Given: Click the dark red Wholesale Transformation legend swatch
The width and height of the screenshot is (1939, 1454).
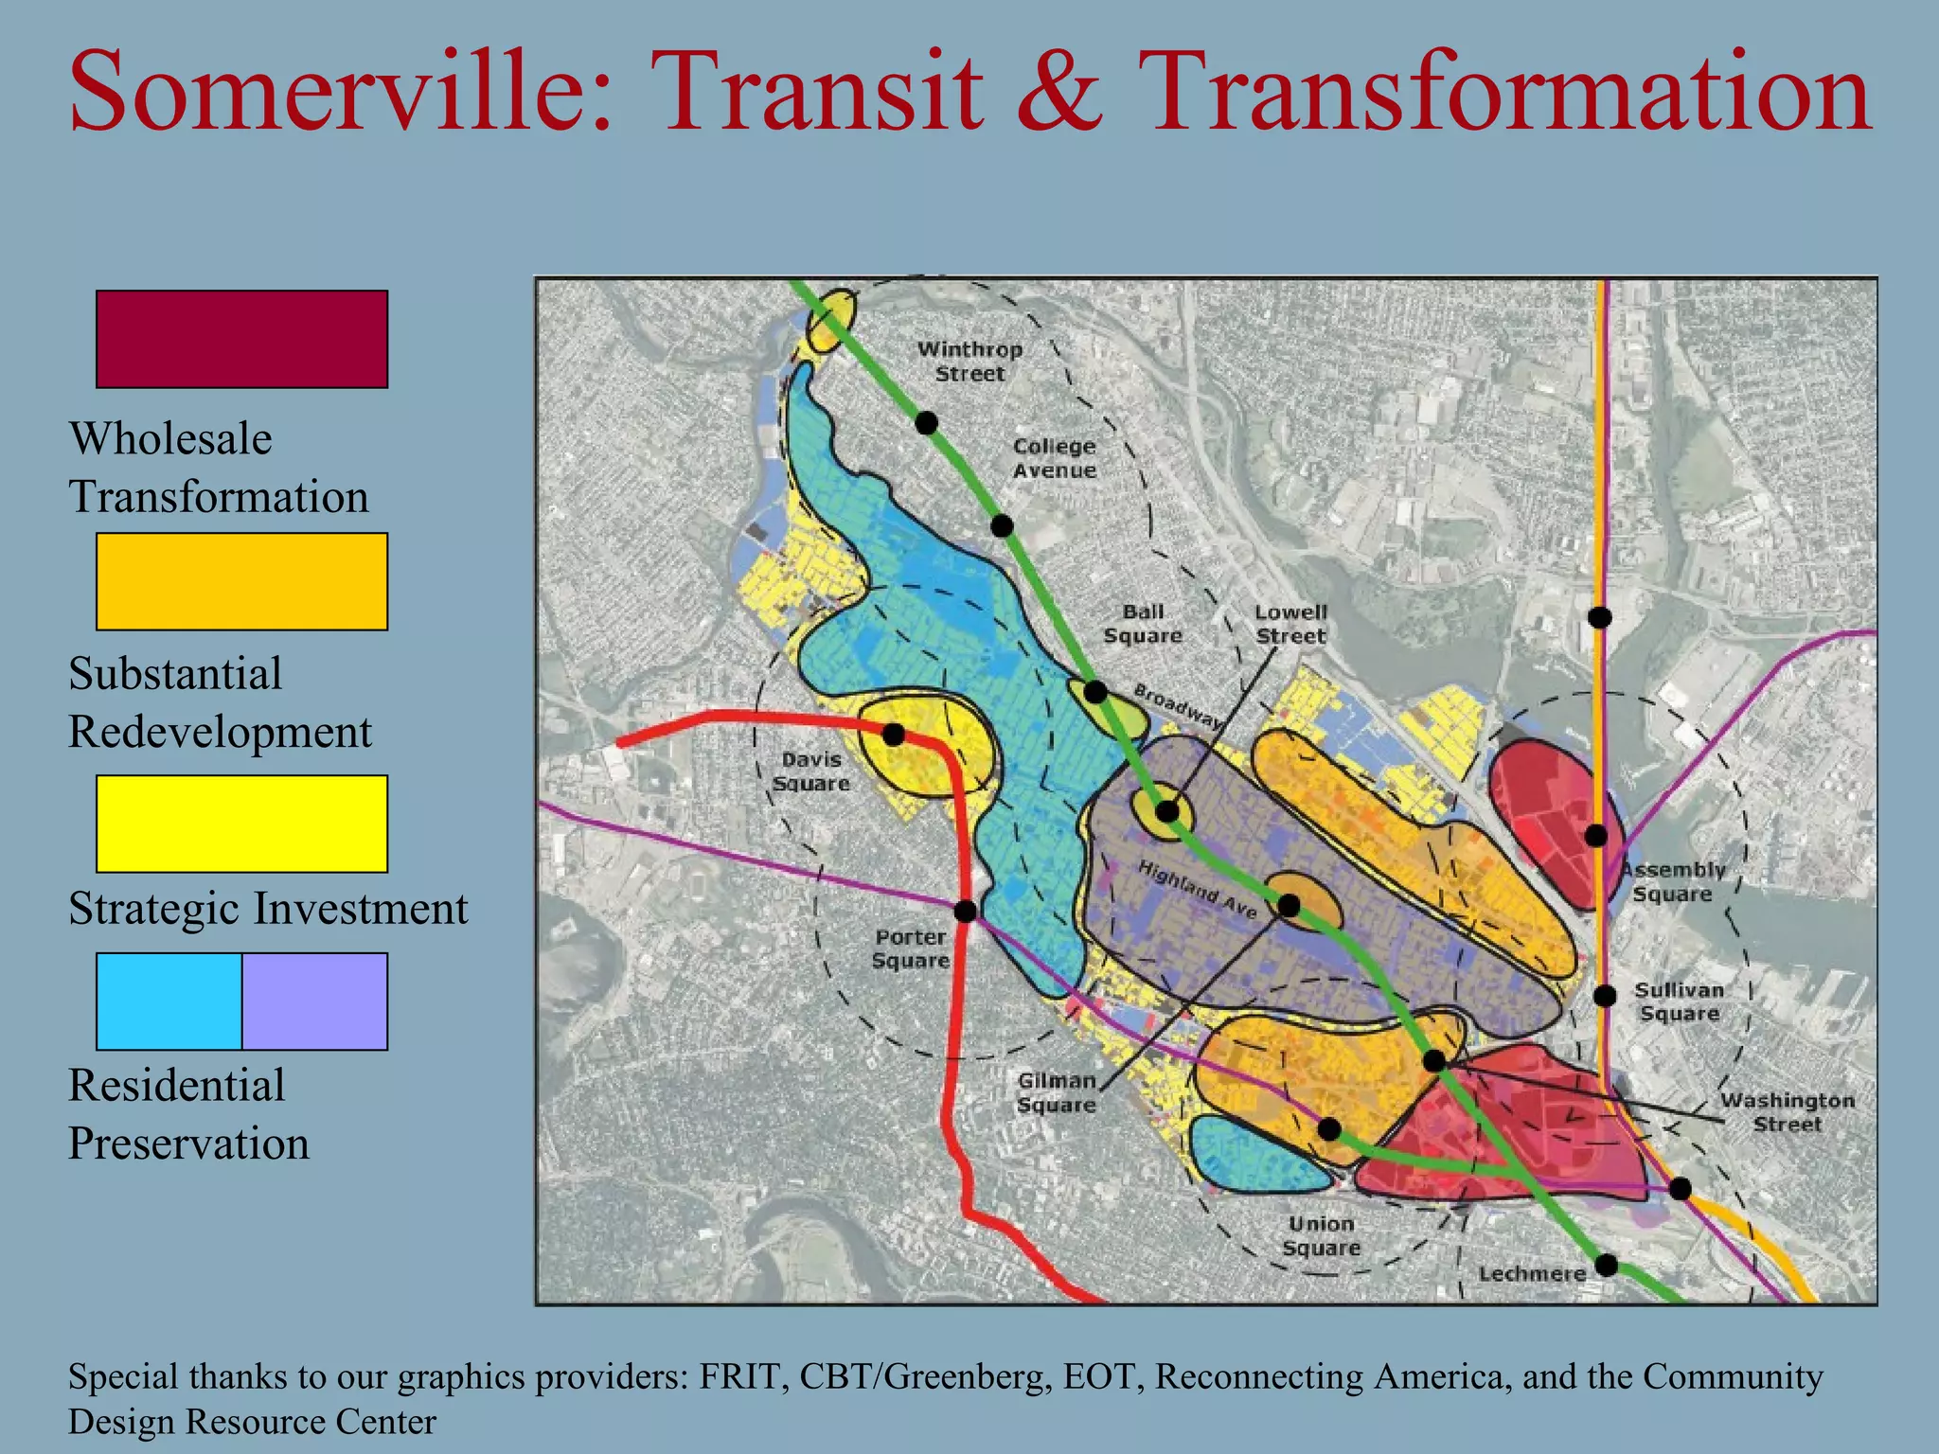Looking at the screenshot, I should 241,339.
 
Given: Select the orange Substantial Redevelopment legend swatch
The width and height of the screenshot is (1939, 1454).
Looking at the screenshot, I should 241,581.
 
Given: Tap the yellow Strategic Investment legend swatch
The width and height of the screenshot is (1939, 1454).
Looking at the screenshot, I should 241,824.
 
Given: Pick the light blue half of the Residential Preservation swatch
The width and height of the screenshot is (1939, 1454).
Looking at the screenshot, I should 169,1002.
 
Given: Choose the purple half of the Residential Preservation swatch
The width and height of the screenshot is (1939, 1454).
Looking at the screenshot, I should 314,1002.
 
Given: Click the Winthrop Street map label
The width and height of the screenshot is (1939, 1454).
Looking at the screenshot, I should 969,362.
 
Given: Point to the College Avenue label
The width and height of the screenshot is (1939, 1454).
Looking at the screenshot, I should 1054,458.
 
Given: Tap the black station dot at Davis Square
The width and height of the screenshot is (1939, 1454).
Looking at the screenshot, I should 892,734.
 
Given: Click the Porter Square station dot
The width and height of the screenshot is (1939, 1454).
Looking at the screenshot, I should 965,912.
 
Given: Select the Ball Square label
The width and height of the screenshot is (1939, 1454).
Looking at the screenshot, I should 1143,624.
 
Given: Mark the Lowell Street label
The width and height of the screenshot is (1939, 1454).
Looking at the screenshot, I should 1290,624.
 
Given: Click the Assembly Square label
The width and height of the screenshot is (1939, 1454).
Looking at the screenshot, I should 1673,882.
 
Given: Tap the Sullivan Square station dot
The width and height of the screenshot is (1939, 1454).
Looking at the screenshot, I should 1604,996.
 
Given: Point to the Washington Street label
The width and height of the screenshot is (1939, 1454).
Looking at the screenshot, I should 1787,1112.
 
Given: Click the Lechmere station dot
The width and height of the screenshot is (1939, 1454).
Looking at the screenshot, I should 1607,1265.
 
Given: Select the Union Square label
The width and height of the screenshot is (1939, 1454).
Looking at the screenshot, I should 1321,1236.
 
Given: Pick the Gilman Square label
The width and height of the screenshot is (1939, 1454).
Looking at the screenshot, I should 1057,1092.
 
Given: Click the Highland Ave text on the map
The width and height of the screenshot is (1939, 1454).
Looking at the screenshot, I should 1197,890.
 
